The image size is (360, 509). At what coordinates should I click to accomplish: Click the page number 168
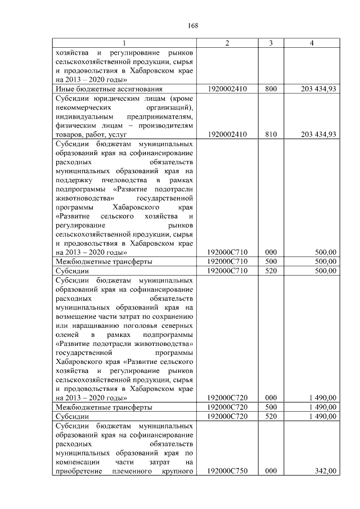click(193, 25)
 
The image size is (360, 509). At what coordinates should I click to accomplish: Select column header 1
click(124, 43)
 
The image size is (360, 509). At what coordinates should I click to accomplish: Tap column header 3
click(271, 43)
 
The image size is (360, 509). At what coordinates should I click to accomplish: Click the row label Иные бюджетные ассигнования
click(109, 89)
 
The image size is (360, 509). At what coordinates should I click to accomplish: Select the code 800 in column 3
click(271, 89)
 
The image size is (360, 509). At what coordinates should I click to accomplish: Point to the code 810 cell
click(271, 134)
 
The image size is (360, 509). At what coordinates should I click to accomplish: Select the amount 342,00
click(326, 471)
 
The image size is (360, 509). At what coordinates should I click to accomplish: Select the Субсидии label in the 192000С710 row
click(70, 271)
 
